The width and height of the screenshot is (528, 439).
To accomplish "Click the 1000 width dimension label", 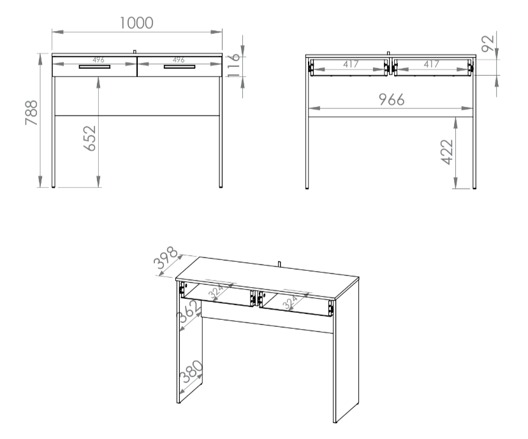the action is [136, 23].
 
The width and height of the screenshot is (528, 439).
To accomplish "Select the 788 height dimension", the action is [32, 113].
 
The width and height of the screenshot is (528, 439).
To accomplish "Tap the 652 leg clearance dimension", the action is [89, 138].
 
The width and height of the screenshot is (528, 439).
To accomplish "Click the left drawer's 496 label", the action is [98, 60].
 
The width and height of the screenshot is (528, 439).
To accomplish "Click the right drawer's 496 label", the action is [179, 60].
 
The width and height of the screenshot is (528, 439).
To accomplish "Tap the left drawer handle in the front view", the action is [94, 67].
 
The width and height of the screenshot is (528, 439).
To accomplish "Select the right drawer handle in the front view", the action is [179, 67].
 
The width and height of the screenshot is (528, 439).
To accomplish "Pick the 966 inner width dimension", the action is [392, 99].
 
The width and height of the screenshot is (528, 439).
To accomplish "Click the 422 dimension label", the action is [447, 152].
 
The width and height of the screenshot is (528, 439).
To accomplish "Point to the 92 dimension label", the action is [488, 44].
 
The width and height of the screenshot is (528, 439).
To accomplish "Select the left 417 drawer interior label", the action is [351, 64].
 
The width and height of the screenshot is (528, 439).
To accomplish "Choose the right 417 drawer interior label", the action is [431, 64].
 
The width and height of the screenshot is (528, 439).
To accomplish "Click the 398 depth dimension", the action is [166, 257].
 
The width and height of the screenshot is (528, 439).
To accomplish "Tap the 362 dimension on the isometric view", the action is [189, 311].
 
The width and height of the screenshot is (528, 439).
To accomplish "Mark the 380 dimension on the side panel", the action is [191, 371].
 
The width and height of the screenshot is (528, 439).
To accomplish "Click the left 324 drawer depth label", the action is [216, 291].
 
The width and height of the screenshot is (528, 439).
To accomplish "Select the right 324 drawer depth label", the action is [290, 302].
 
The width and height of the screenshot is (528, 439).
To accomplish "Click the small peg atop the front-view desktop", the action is [135, 52].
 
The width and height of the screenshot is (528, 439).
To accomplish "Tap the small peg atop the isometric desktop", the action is [279, 264].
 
